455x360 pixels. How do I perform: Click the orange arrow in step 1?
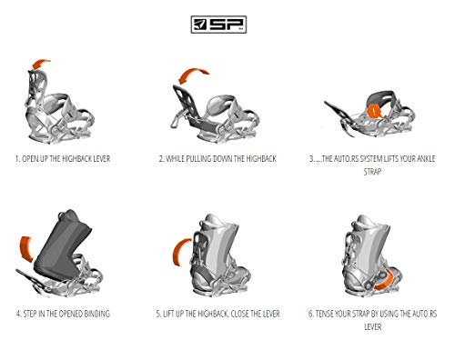pyautogui.click(x=42, y=63)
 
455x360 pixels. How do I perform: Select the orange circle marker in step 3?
pyautogui.click(x=373, y=111)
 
